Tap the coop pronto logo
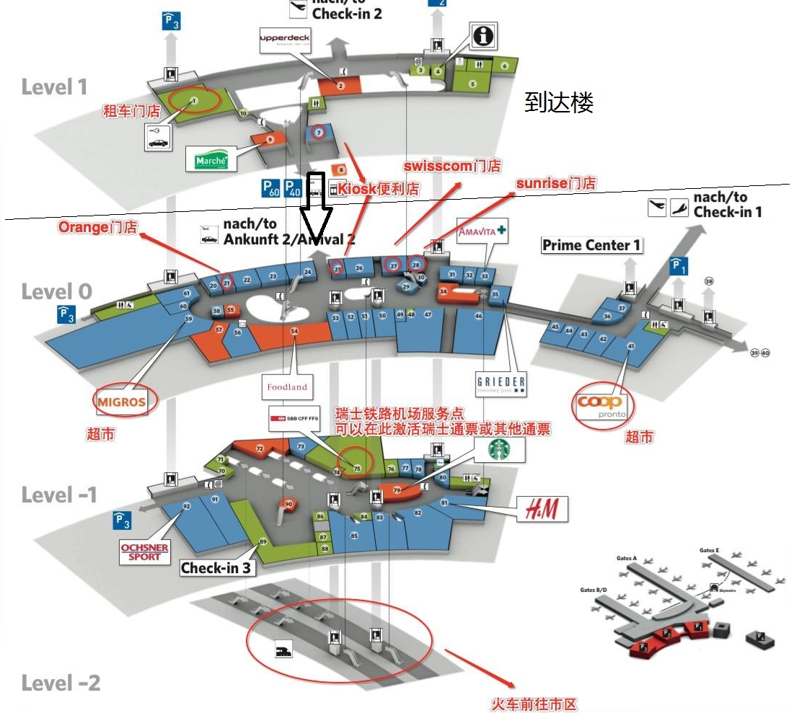[x=601, y=407]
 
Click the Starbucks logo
[x=500, y=450]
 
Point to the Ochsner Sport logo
[x=145, y=552]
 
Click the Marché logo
[x=211, y=160]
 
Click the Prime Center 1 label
[x=591, y=245]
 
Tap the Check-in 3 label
[x=217, y=568]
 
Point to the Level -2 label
[x=61, y=683]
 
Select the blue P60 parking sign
[x=270, y=189]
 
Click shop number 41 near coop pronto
[x=631, y=346]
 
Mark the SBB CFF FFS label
[x=293, y=418]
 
